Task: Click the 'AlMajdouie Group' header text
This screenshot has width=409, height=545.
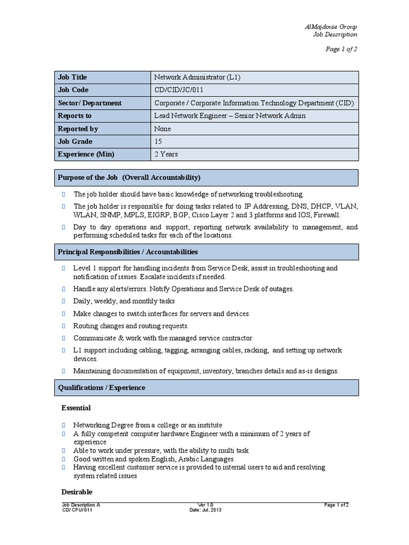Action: click(330, 27)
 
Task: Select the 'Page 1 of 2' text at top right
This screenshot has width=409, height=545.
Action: click(341, 49)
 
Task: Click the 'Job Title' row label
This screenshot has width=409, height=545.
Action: click(72, 77)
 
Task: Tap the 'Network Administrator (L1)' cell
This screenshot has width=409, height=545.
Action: click(198, 77)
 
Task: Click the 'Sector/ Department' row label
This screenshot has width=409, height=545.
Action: click(89, 103)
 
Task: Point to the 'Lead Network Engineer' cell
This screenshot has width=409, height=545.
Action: click(230, 115)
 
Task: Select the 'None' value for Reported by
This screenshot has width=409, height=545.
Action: click(162, 129)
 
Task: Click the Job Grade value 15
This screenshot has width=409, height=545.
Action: click(158, 142)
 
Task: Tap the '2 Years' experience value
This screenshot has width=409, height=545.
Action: click(166, 154)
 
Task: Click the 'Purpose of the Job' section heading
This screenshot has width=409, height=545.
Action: click(129, 177)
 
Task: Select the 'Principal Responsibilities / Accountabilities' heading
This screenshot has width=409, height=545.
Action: click(128, 252)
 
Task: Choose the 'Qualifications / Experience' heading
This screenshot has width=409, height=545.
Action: click(101, 387)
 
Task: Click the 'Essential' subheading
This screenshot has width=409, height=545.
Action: click(77, 408)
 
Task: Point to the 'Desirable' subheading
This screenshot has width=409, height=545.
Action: click(77, 492)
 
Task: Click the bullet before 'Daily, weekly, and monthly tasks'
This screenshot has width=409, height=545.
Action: click(63, 301)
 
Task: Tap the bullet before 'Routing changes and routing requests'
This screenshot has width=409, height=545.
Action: click(63, 326)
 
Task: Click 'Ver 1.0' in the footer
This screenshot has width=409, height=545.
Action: click(205, 505)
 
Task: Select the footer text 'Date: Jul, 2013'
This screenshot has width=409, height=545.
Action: click(205, 510)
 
